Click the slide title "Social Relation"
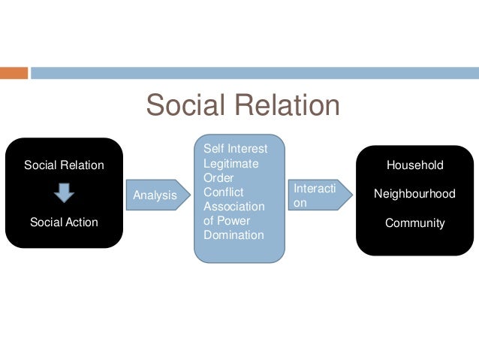243,105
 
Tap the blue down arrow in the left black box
64,193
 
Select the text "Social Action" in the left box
64,222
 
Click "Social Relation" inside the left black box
64,165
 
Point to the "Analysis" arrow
156,195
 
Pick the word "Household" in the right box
414,165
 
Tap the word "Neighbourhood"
414,193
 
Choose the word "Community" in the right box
414,222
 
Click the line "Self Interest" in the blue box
235,149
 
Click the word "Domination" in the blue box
233,234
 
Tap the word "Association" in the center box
234,206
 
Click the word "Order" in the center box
218,177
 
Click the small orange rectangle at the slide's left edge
14,73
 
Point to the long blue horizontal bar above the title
254,73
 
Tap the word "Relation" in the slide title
288,105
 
